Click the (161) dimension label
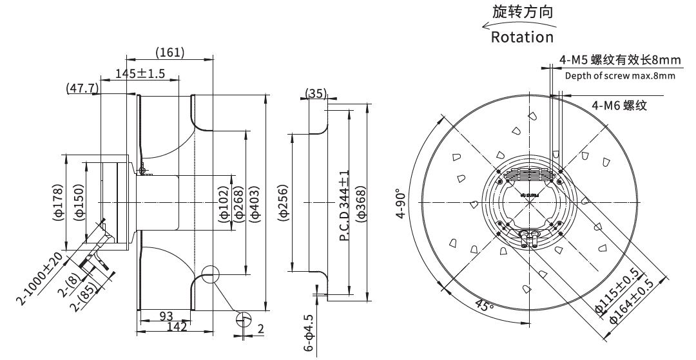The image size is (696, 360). (x=170, y=52)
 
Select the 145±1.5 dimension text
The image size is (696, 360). (x=140, y=73)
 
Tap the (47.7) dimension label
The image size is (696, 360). (x=82, y=88)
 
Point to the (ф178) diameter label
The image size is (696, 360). (x=59, y=202)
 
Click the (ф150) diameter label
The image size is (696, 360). (x=79, y=202)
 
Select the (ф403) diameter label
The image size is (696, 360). (x=255, y=203)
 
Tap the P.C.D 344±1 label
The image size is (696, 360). (x=344, y=205)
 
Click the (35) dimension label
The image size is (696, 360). (x=316, y=93)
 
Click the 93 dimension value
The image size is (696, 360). (x=166, y=316)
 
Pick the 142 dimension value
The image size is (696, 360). (x=177, y=327)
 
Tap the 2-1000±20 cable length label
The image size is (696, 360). (x=39, y=279)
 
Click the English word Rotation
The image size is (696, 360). (x=523, y=37)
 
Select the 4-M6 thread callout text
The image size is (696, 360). (x=620, y=106)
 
